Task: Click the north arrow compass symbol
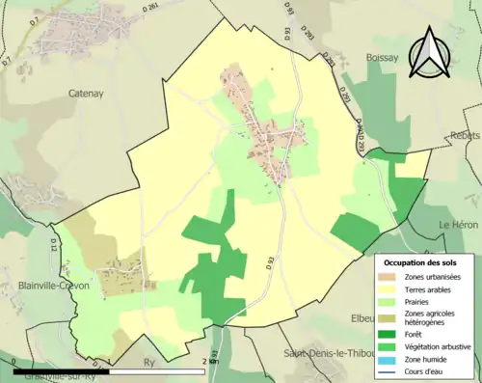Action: pyautogui.click(x=430, y=52)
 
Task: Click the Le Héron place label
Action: pyautogui.click(x=458, y=224)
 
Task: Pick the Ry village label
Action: pyautogui.click(x=148, y=364)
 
